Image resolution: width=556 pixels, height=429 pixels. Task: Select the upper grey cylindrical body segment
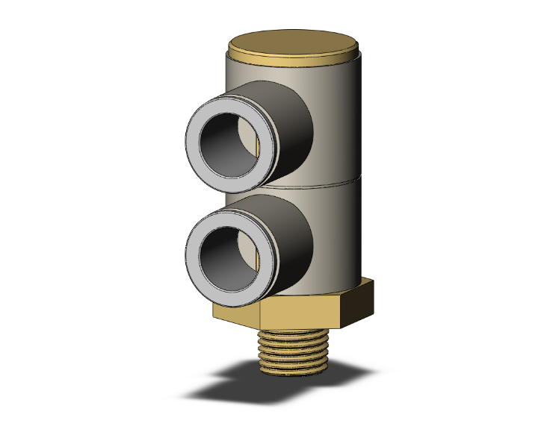click(336, 119)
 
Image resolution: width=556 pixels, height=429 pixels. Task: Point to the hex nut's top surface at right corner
click(366, 281)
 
